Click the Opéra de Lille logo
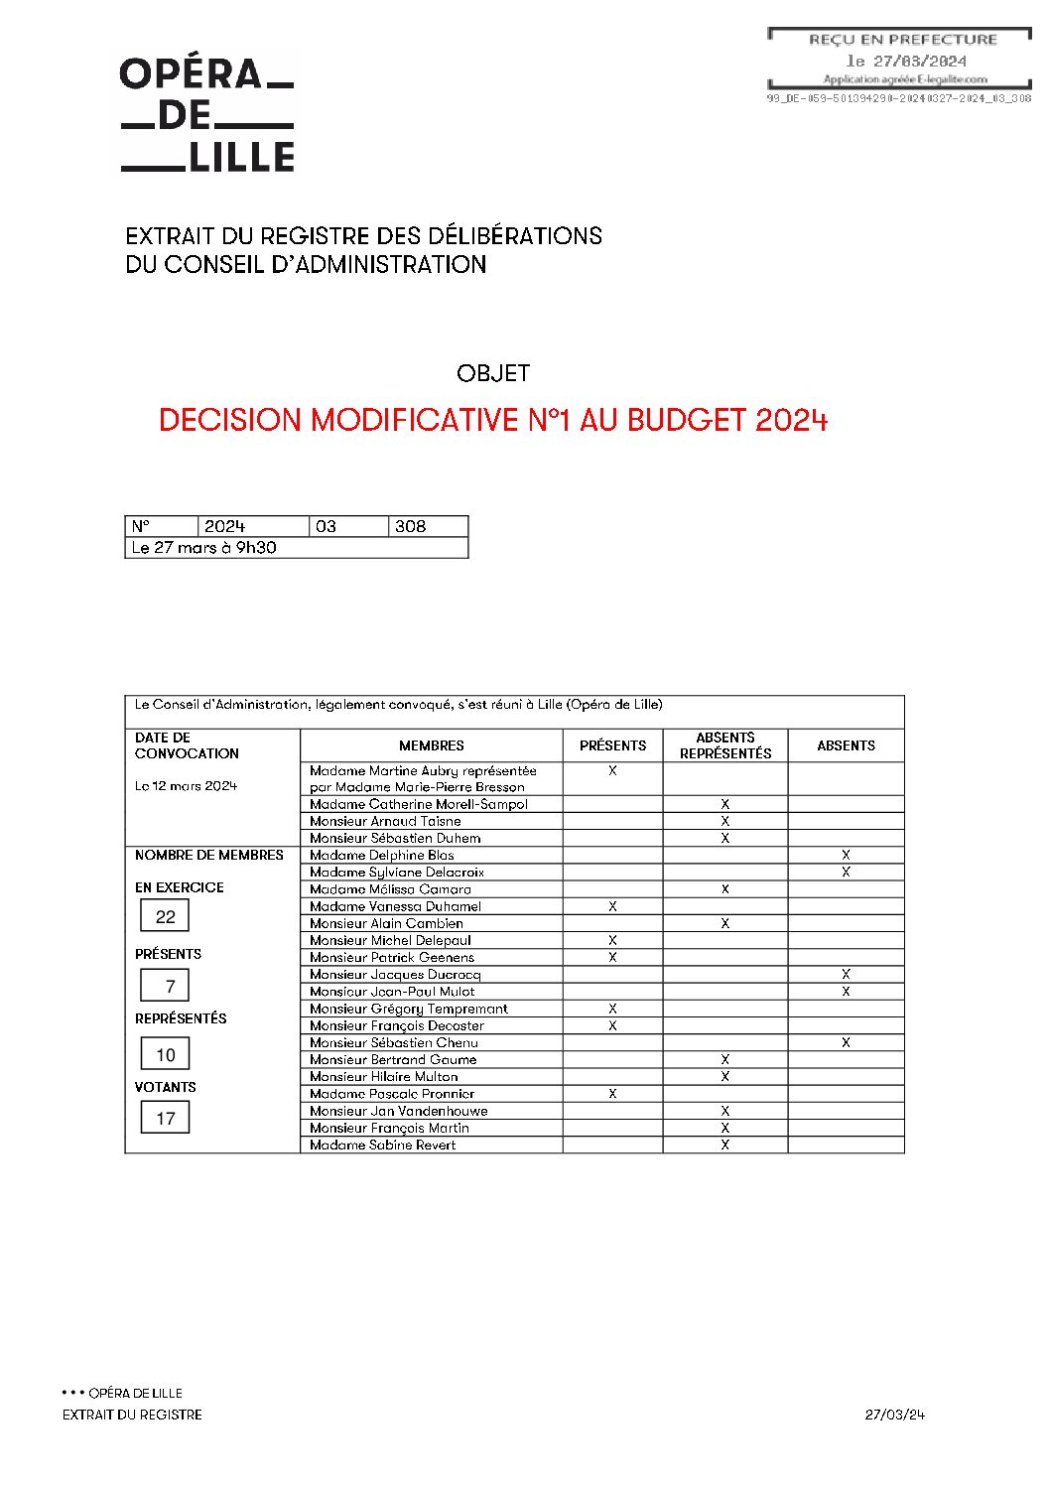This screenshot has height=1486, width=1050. click(x=207, y=115)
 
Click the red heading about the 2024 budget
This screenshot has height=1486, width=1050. click(x=492, y=420)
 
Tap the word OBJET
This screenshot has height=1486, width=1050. click(x=493, y=373)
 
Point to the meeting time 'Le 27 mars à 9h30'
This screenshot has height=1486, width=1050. click(x=204, y=548)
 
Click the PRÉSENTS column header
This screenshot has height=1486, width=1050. click(x=612, y=745)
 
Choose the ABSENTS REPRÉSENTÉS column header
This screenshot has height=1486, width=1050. click(x=725, y=745)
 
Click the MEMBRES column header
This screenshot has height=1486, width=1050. click(x=432, y=745)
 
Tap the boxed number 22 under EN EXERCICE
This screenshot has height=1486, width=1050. click(x=166, y=916)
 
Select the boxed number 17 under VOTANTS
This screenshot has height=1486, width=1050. click(x=166, y=1119)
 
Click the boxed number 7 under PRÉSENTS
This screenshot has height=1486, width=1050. click(x=170, y=986)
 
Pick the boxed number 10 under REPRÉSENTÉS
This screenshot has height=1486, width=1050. click(x=166, y=1055)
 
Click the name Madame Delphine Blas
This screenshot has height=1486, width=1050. click(x=382, y=855)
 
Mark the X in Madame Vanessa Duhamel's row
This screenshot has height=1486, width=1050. click(x=612, y=906)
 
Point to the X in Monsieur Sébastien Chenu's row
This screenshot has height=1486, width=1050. click(x=846, y=1042)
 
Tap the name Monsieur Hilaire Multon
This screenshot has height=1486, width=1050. click(x=384, y=1076)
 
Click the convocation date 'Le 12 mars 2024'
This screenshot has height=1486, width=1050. click(x=187, y=786)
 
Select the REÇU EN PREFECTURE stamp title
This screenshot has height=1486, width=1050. click(x=902, y=40)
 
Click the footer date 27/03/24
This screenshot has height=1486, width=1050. click(x=894, y=1415)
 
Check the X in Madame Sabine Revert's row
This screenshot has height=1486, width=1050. click(x=725, y=1145)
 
